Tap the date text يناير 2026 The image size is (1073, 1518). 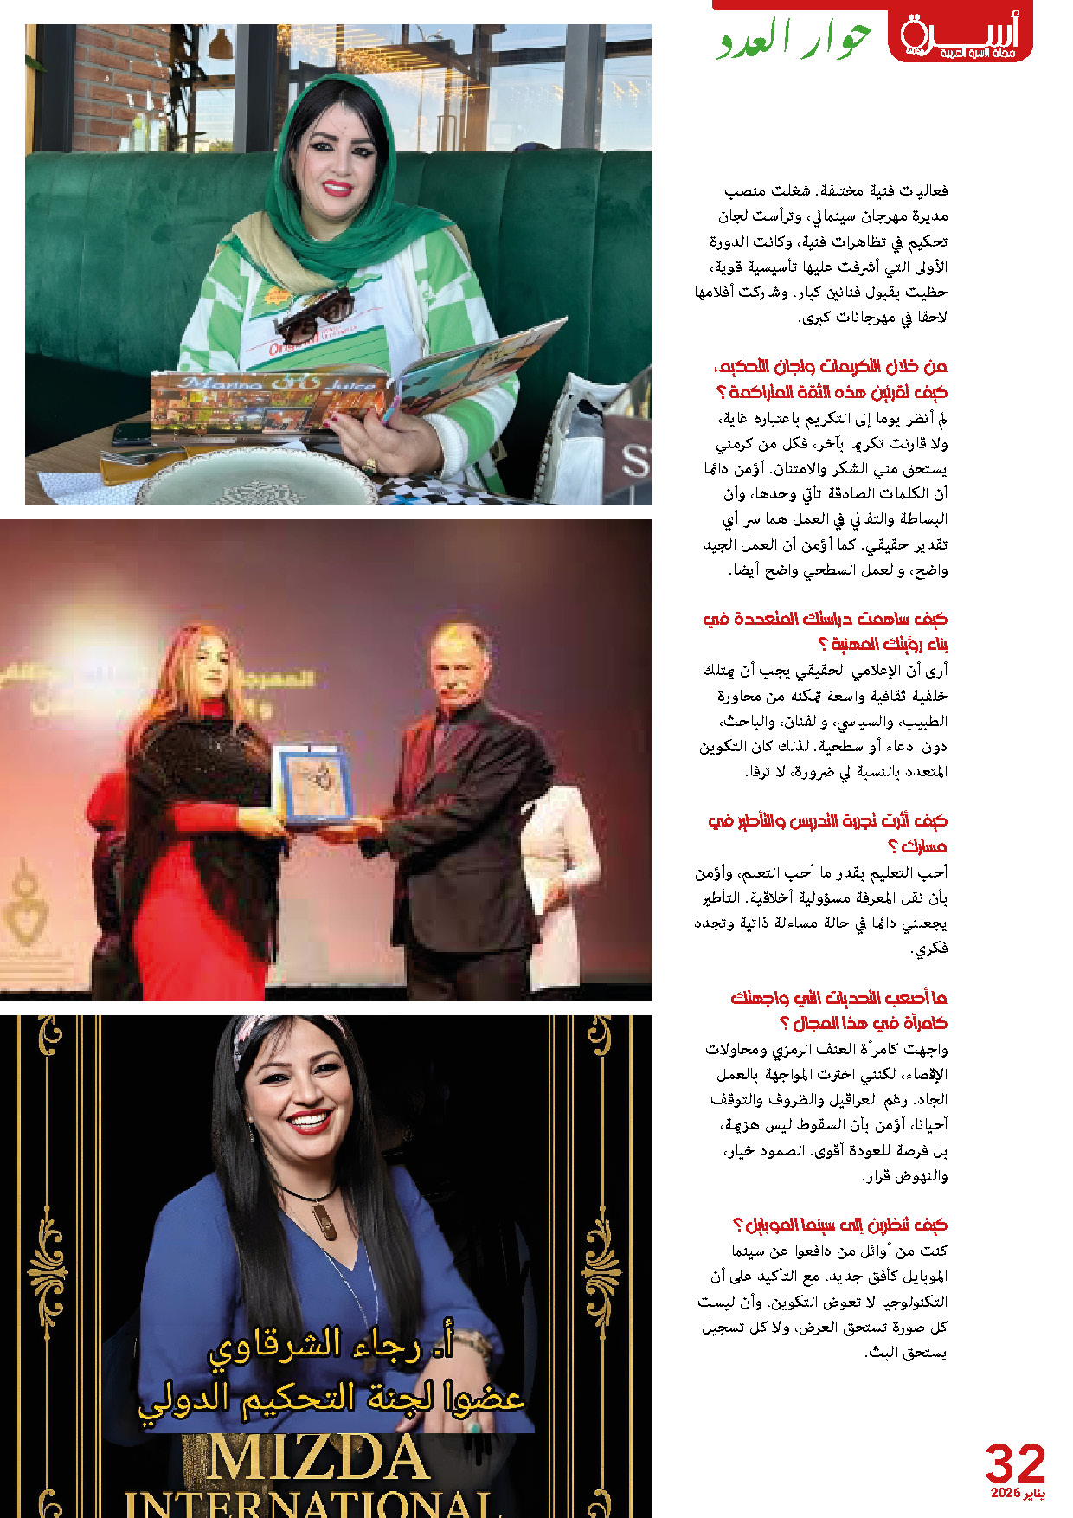[x=1018, y=1495]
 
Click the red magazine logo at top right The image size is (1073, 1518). [x=960, y=37]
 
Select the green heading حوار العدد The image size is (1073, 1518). [x=793, y=40]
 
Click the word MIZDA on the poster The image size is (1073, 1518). [x=318, y=1459]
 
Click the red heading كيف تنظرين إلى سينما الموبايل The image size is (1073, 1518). [x=839, y=1225]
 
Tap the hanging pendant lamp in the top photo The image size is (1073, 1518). [x=221, y=43]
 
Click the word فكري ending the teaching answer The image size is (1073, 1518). [x=930, y=949]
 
